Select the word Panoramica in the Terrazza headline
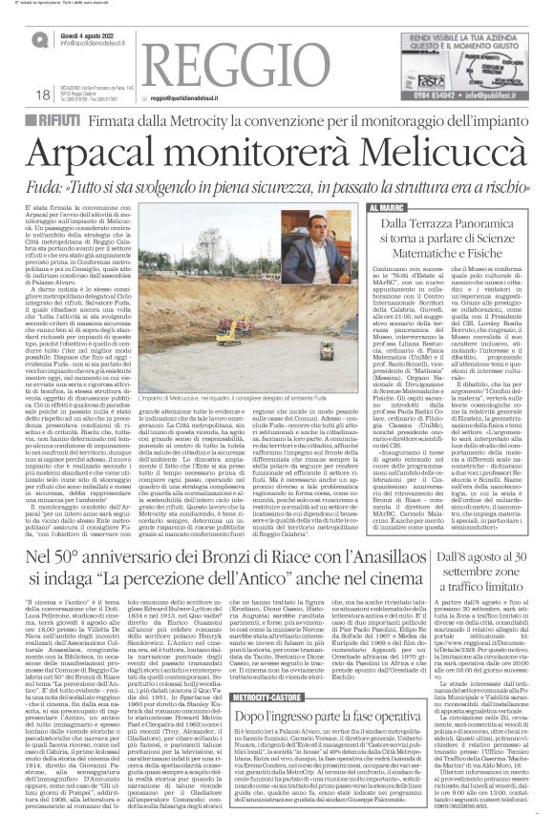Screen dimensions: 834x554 point(497,224)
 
